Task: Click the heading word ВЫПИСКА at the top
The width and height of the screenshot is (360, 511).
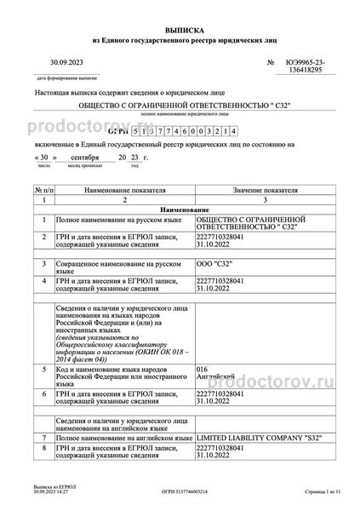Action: tap(180, 28)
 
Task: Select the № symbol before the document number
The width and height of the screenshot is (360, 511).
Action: tap(271, 62)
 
